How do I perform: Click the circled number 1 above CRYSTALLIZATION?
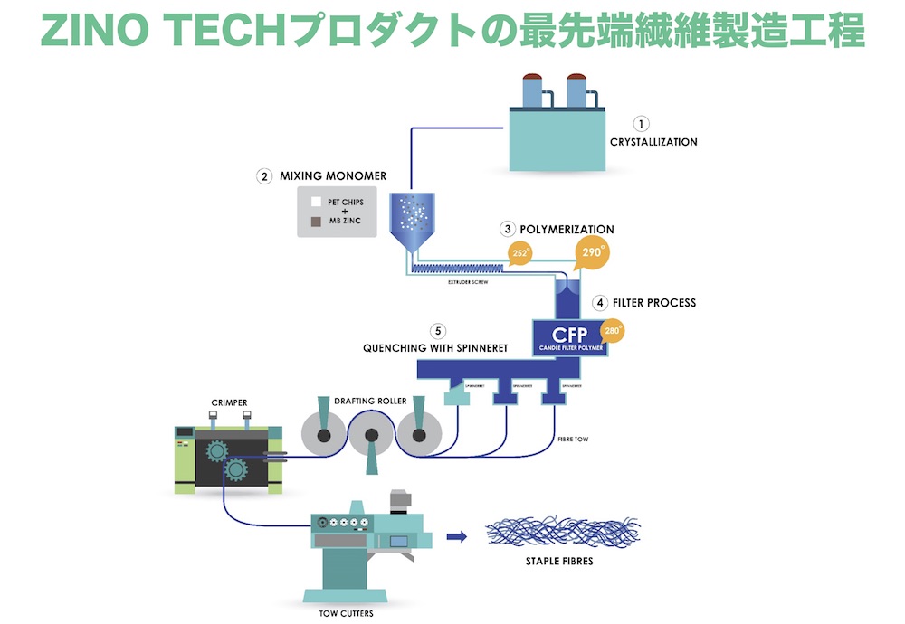pyautogui.click(x=642, y=124)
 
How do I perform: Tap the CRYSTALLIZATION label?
pyautogui.click(x=653, y=142)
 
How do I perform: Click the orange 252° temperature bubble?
pyautogui.click(x=521, y=253)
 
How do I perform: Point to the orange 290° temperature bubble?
pyautogui.click(x=590, y=254)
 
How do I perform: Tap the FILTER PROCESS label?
pyautogui.click(x=655, y=302)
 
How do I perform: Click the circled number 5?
pyautogui.click(x=440, y=330)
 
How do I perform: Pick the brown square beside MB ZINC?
pyautogui.click(x=316, y=222)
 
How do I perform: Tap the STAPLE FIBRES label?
pyautogui.click(x=560, y=561)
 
